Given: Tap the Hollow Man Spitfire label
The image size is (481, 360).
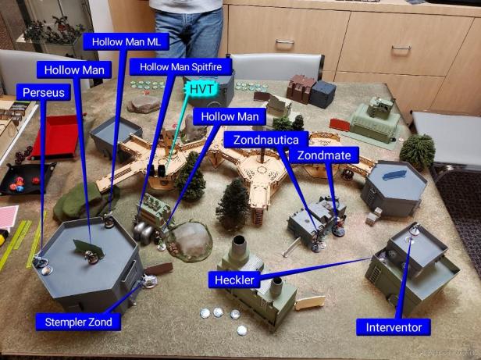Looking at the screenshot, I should click(x=180, y=67).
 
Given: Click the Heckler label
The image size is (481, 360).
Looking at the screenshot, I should click(x=233, y=279).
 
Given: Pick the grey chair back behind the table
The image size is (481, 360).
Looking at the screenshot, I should click(x=277, y=66).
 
